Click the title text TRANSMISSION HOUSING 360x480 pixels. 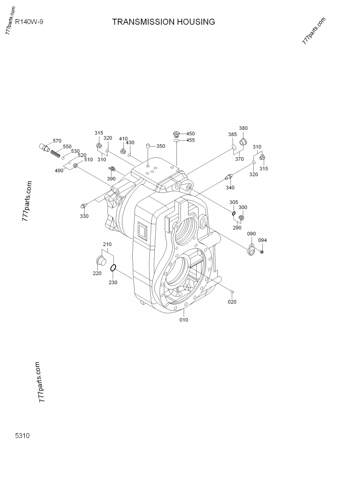[163, 22]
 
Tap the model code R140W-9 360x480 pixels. [29, 21]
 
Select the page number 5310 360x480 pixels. [22, 435]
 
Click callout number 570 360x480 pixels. [57, 141]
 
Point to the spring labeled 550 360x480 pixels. [55, 153]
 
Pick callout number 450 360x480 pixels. [190, 134]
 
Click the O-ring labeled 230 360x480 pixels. [114, 268]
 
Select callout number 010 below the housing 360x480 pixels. [184, 320]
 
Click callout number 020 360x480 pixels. [232, 302]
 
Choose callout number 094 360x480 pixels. [263, 240]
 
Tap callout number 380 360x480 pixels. [243, 128]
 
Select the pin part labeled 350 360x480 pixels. [148, 145]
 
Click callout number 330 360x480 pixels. [84, 216]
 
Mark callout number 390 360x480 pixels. [111, 179]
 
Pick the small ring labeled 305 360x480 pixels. [234, 213]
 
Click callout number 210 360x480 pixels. [107, 244]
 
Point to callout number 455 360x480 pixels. [190, 140]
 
